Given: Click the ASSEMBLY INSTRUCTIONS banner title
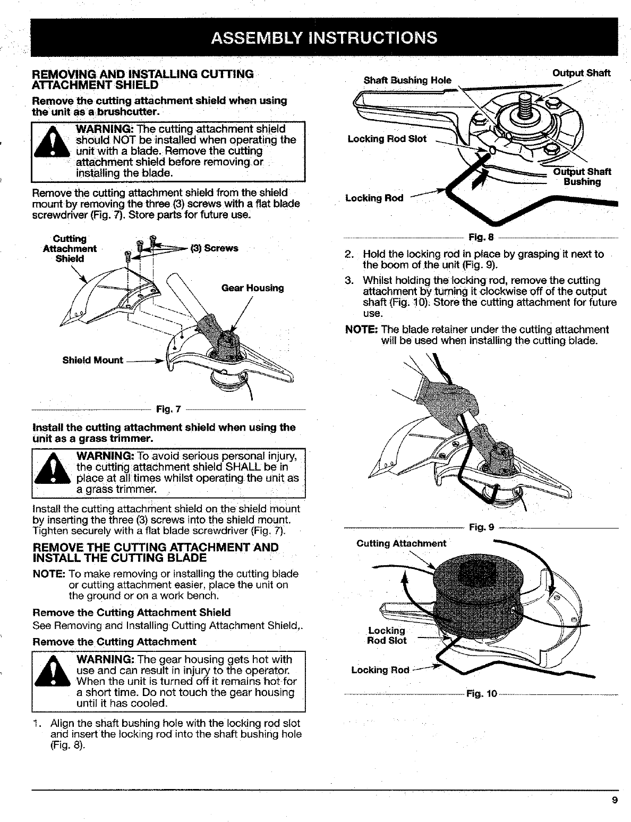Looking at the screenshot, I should [324, 38].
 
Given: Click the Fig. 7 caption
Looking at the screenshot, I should [168, 409].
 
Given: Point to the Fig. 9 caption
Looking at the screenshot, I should [481, 527].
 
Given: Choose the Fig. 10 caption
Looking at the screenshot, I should [481, 694].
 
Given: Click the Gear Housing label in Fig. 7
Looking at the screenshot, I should [252, 288].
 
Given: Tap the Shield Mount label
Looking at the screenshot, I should [92, 360].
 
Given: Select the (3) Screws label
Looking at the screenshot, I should [221, 248].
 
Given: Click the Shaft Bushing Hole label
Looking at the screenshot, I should [407, 80].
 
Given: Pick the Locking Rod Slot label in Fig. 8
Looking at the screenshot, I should [387, 139].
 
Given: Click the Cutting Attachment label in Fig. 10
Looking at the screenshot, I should [401, 543].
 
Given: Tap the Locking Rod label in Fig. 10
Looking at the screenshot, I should [380, 670].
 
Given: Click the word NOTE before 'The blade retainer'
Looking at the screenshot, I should [361, 330].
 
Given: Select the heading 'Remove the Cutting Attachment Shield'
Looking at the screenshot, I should [132, 612].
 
